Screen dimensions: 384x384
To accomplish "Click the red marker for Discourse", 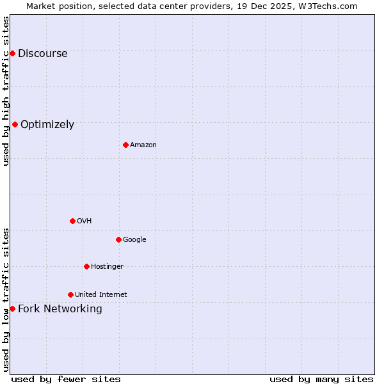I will pos(12,53).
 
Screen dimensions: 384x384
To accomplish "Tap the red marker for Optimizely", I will pos(15,124).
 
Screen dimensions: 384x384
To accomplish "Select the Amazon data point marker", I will pos(125,145).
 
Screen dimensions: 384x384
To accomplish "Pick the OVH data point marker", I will pos(72,221).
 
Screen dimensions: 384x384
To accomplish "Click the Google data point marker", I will pos(118,239).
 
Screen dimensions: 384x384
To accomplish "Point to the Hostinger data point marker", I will pos(86,266).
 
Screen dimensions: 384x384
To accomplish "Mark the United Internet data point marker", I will pos(70,294).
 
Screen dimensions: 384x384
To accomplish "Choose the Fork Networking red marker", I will pos(12,308).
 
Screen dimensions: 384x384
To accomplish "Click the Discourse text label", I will pos(42,54).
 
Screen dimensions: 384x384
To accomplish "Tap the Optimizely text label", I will pos(47,125).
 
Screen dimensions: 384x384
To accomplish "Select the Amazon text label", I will pos(143,145).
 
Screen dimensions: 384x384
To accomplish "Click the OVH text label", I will pos(84,221).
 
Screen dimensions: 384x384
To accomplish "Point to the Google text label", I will pos(134,240).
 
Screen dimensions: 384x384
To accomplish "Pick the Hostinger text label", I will pos(107,267).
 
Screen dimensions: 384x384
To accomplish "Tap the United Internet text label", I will pos(100,295).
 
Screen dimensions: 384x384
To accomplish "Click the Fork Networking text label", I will pos(60,309).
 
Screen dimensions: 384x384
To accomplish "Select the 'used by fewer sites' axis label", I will pos(65,379).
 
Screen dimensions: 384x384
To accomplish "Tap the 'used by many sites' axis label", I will pos(321,379).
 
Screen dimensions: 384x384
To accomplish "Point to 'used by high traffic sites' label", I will pos(6,91).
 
